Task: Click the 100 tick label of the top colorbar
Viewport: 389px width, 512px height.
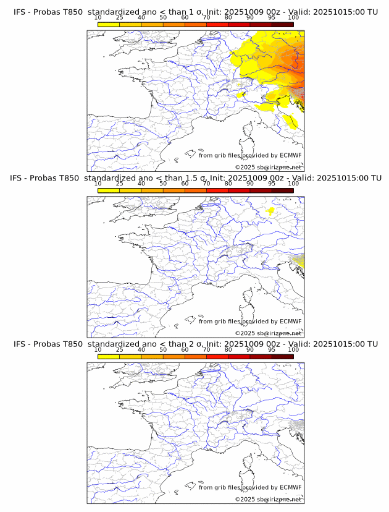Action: pos(293,17)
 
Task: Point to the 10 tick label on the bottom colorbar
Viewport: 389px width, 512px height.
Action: pos(98,349)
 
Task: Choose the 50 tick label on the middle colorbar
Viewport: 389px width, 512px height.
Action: pos(163,184)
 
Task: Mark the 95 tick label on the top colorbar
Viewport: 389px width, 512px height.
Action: pos(272,17)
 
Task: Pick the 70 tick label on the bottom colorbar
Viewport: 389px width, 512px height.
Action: pos(206,349)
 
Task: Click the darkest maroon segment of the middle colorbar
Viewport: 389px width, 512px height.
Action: pos(282,190)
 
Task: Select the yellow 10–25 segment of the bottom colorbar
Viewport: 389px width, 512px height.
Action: pos(109,356)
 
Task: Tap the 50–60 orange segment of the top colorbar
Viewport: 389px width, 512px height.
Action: pos(174,24)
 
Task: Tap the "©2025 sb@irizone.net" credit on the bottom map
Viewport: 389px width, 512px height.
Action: pos(268,499)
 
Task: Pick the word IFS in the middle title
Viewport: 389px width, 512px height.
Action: pos(20,178)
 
